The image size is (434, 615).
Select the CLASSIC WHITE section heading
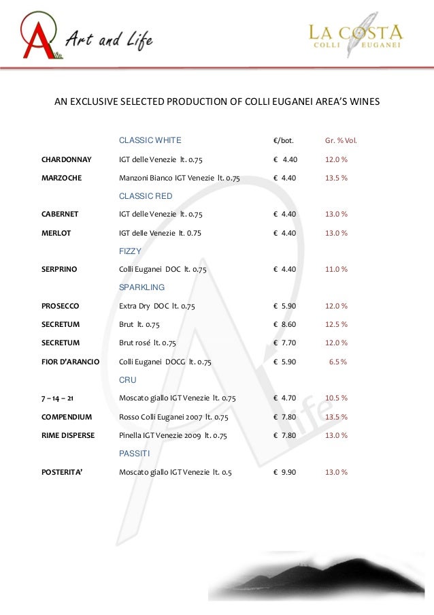[150, 140]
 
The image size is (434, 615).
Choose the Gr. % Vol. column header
[341, 141]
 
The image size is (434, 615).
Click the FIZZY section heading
[130, 251]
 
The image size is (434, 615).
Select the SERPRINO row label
[59, 270]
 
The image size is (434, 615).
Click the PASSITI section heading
[134, 452]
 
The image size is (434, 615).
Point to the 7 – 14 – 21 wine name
[58, 398]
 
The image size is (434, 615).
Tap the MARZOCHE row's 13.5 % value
[336, 178]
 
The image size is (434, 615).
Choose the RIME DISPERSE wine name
[68, 435]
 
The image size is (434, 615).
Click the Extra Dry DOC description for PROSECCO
[156, 306]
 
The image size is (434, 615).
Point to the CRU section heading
[127, 379]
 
